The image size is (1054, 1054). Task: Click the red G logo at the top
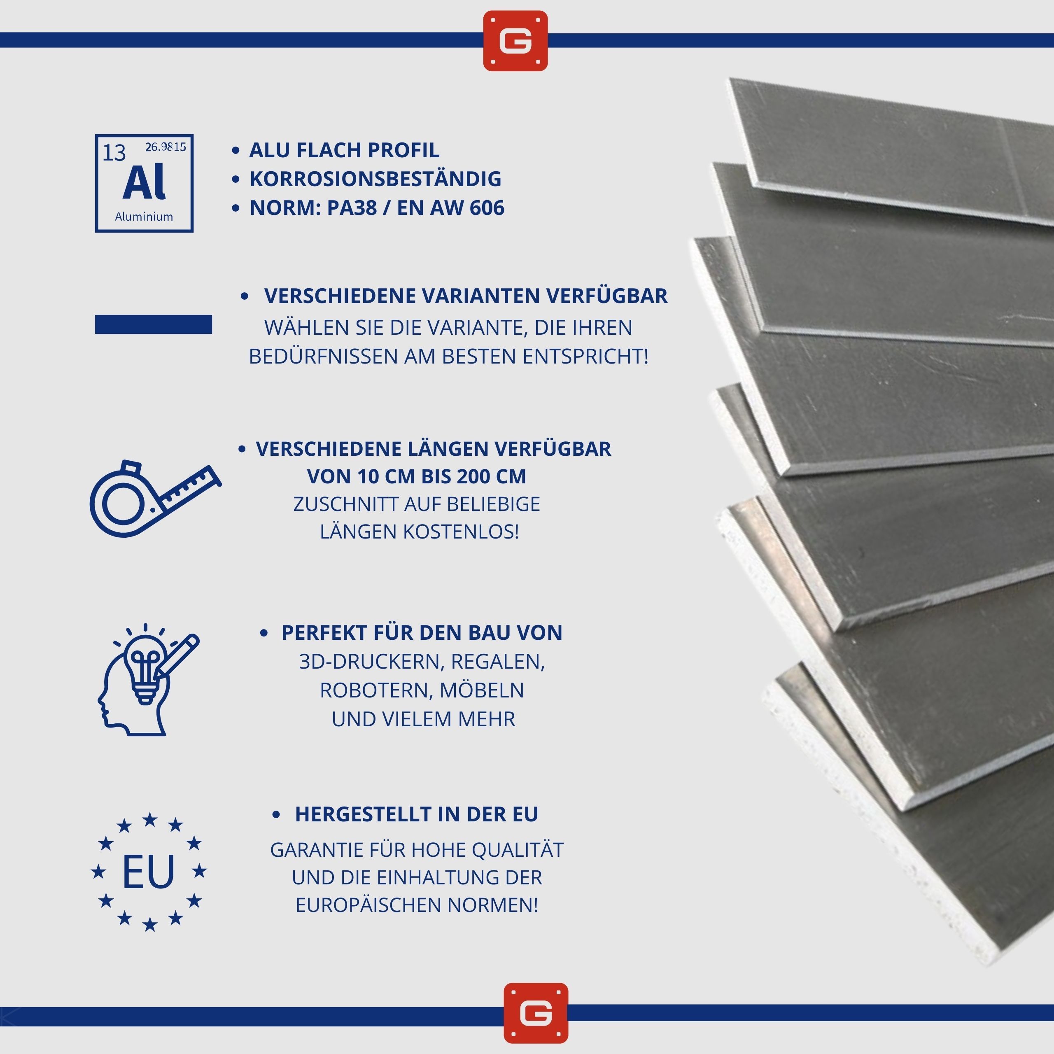[x=515, y=40]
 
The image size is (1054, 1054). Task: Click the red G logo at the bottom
[x=536, y=1013]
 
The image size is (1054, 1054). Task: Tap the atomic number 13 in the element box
[x=114, y=153]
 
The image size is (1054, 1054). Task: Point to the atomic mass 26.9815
[x=165, y=147]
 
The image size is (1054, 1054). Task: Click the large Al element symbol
[x=144, y=183]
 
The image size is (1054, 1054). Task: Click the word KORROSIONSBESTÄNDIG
[x=375, y=179]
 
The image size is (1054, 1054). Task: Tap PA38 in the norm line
[x=351, y=208]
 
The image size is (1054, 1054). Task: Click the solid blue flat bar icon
[x=153, y=324]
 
